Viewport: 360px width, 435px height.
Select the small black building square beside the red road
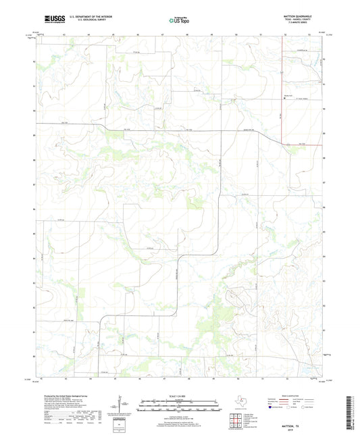[284, 97]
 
